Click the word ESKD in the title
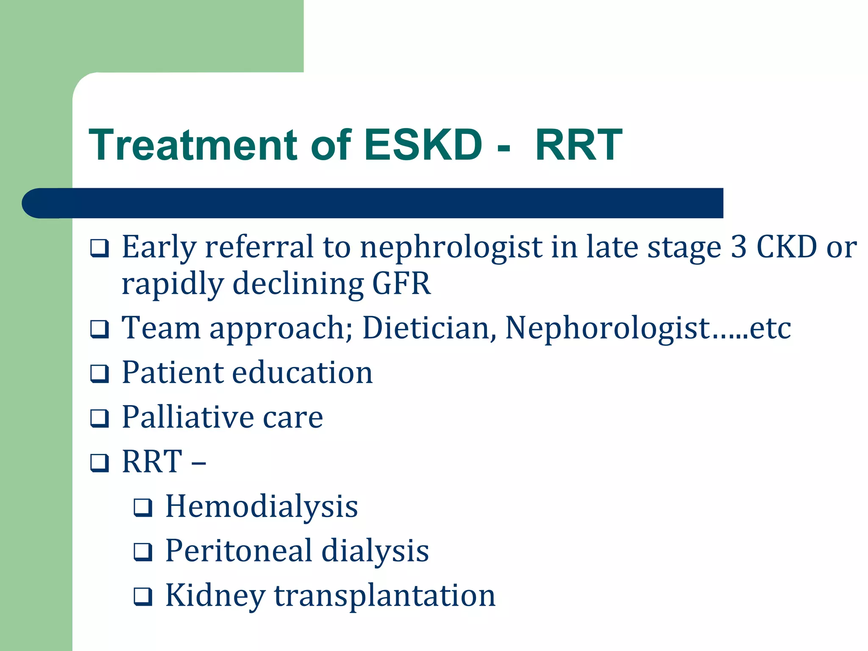coord(423,145)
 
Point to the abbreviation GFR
coord(401,284)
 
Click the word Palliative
coord(187,417)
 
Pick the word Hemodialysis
coord(262,506)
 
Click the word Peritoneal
coord(238,551)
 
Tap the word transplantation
coord(384,595)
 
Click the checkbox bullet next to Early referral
coord(100,248)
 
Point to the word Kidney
coord(215,595)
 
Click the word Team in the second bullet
coord(161,328)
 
